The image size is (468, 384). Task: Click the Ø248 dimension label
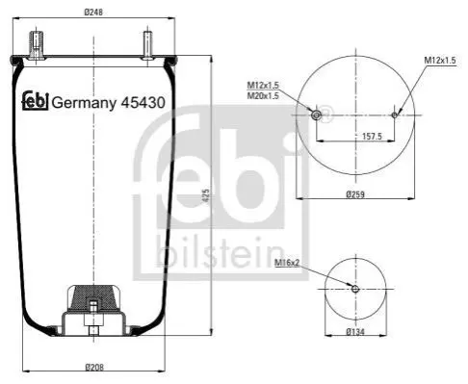click(93, 13)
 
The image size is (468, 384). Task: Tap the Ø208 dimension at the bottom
click(94, 367)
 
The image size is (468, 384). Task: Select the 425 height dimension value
click(206, 195)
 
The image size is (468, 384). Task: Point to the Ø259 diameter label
click(355, 194)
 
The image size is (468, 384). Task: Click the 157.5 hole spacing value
click(372, 137)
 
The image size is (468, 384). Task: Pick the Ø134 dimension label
click(355, 332)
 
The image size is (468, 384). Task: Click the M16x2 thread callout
click(287, 263)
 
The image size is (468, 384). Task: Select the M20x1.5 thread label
click(263, 95)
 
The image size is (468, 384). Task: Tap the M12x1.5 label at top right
click(440, 60)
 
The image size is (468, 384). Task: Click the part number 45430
click(143, 103)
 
